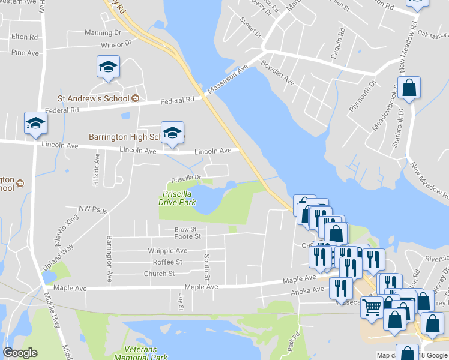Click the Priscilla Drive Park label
pyautogui.click(x=178, y=198)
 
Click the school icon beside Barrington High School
pyautogui.click(x=172, y=134)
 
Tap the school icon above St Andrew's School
pyautogui.click(x=108, y=67)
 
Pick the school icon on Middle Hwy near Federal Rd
pyautogui.click(x=35, y=124)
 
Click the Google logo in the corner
pyautogui.click(x=20, y=353)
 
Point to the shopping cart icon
pyautogui.click(x=372, y=307)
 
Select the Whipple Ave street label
pyautogui.click(x=167, y=251)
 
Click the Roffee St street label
pyautogui.click(x=167, y=262)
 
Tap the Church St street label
pyautogui.click(x=159, y=274)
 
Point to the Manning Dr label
pyautogui.click(x=103, y=33)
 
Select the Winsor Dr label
pyautogui.click(x=116, y=44)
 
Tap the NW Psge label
pyautogui.click(x=92, y=209)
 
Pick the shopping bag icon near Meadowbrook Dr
pyautogui.click(x=409, y=88)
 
